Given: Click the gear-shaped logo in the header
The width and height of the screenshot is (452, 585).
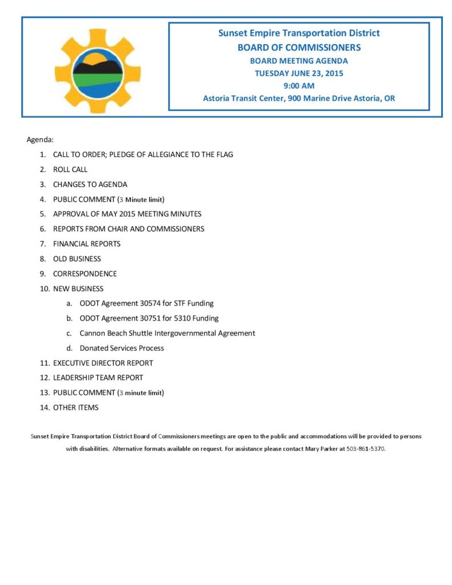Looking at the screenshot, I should [x=97, y=71].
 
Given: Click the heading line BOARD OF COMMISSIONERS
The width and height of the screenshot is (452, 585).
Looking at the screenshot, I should [x=299, y=47].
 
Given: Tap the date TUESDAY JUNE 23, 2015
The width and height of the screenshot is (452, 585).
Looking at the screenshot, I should [x=299, y=73].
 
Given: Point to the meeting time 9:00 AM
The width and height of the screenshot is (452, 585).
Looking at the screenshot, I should [x=299, y=86].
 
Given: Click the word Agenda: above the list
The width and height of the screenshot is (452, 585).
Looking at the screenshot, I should [x=40, y=139].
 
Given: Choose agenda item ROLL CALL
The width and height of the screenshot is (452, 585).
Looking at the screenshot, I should [x=70, y=170].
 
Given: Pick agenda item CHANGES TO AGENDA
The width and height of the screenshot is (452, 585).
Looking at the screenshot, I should [x=90, y=185].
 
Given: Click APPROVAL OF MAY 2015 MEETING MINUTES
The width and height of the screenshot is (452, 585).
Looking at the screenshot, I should [x=127, y=214].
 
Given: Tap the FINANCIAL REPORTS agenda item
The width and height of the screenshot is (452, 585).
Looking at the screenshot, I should [x=87, y=244].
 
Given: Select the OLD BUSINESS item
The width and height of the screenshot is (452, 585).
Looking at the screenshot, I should [x=77, y=259].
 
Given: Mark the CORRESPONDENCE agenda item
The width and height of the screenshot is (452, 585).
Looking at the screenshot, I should [x=85, y=274].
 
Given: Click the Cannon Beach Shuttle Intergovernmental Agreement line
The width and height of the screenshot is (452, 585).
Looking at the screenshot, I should [x=167, y=333].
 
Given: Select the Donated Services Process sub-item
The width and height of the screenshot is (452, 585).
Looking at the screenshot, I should [x=122, y=348].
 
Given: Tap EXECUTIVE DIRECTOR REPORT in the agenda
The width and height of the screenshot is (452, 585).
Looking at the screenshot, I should [x=103, y=363].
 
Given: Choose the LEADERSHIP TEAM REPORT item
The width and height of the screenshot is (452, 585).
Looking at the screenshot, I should [x=98, y=378].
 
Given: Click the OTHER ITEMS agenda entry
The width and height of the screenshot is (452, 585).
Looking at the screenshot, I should [x=75, y=407].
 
